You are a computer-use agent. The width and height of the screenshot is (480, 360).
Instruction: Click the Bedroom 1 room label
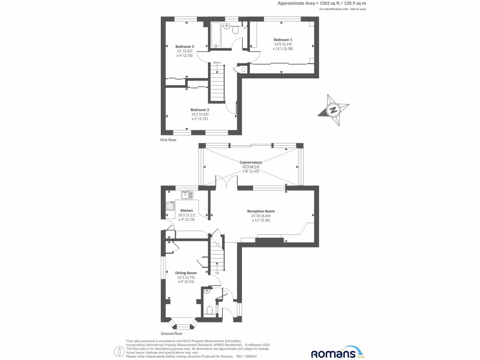click(283, 40)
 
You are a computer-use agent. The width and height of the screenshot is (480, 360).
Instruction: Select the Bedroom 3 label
click(185, 46)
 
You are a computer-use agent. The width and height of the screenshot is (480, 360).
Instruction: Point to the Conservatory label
click(251, 162)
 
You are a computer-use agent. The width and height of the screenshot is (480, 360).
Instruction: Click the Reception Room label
click(261, 211)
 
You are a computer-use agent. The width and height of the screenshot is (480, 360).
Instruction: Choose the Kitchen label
click(187, 210)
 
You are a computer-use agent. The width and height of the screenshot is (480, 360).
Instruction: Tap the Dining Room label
click(186, 273)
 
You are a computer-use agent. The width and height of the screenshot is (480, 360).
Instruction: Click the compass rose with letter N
click(333, 111)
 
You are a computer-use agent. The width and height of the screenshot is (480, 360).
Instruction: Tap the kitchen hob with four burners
click(169, 205)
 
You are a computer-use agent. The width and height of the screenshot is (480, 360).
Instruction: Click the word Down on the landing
click(217, 62)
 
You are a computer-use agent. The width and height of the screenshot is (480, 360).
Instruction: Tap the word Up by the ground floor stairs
click(217, 273)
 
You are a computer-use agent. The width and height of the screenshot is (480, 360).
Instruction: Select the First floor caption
click(168, 140)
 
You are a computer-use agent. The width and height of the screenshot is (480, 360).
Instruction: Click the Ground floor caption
click(172, 333)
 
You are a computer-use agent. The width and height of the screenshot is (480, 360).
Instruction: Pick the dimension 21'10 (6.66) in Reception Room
click(261, 216)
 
